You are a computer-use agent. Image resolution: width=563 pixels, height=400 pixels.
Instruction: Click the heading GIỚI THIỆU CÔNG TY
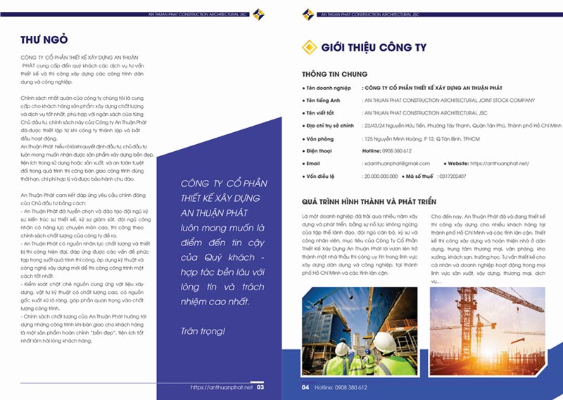373,48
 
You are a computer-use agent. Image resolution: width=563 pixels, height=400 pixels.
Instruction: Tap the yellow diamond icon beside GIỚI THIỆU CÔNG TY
308,48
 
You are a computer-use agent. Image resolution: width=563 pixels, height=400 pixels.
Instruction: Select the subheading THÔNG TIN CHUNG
334,74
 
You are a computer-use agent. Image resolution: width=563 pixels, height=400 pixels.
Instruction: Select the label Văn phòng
322,138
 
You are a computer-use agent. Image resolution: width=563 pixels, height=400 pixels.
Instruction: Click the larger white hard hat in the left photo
384,342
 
